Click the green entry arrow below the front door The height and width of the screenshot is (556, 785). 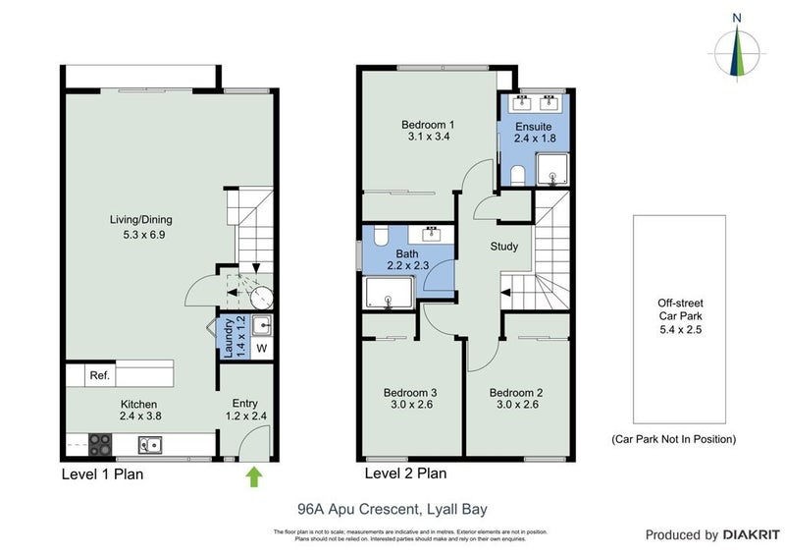tap(254, 477)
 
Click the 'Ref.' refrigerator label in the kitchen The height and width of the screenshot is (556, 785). tap(99, 375)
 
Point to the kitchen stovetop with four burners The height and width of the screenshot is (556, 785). tap(101, 444)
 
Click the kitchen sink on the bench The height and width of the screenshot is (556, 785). tap(150, 444)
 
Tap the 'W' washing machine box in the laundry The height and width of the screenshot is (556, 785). tap(261, 348)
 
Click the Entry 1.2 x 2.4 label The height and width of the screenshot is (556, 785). tap(245, 411)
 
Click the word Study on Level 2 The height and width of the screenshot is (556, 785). tap(504, 247)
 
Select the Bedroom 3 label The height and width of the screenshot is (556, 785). tap(409, 400)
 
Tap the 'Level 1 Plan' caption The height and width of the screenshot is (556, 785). tap(104, 474)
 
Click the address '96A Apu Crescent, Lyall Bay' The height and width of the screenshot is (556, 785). tap(392, 509)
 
